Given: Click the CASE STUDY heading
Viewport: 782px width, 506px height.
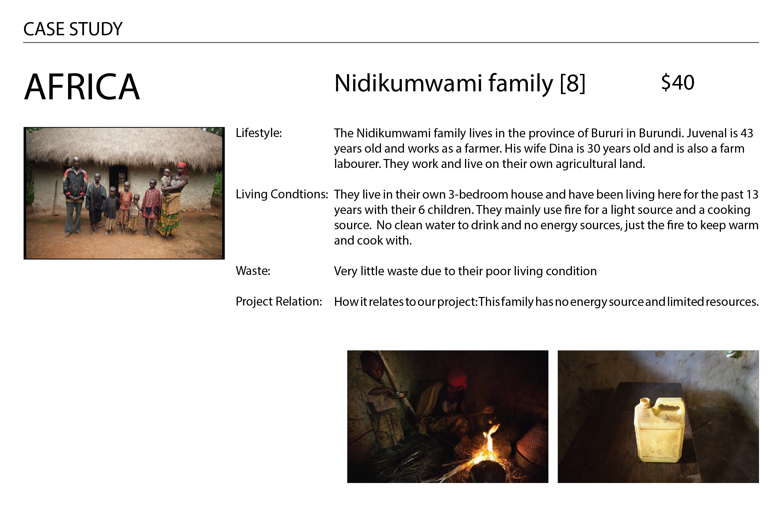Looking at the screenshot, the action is click(x=73, y=29).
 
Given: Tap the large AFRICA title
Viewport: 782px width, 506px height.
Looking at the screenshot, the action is click(x=82, y=87).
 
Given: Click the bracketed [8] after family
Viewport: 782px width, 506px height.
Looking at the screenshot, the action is click(x=572, y=83).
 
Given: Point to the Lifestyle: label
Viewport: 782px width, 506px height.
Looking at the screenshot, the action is click(x=259, y=133).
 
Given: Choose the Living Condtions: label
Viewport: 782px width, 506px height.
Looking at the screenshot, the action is click(x=282, y=194).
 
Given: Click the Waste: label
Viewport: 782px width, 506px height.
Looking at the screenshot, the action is click(x=253, y=271).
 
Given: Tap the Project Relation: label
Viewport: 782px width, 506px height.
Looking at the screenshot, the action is click(x=279, y=301).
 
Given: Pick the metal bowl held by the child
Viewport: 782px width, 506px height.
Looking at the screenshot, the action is click(x=399, y=394).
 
